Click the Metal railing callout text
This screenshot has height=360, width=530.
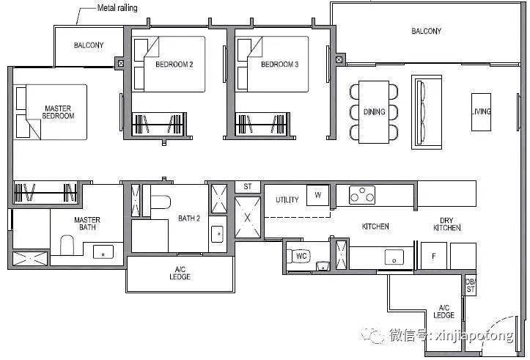tap(117, 8)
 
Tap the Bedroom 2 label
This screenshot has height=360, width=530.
tap(174, 65)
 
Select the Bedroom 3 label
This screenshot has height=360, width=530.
tap(279, 65)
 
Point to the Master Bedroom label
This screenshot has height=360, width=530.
tap(58, 112)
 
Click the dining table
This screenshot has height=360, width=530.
tap(374, 112)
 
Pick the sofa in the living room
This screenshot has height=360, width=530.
tap(427, 112)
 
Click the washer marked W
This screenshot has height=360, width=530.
tap(317, 195)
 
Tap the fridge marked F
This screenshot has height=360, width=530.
tap(434, 256)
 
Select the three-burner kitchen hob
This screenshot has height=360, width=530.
tap(362, 195)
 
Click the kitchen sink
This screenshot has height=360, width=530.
tap(394, 257)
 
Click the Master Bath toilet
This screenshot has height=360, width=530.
tap(67, 245)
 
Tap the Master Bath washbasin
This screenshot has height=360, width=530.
tap(103, 251)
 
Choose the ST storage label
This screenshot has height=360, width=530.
tap(248, 186)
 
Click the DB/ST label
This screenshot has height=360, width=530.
tap(471, 285)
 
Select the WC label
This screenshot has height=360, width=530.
tap(301, 256)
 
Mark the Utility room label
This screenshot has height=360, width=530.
tap(287, 199)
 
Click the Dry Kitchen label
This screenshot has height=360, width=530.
tap(447, 224)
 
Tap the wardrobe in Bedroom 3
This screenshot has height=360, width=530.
tap(262, 124)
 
